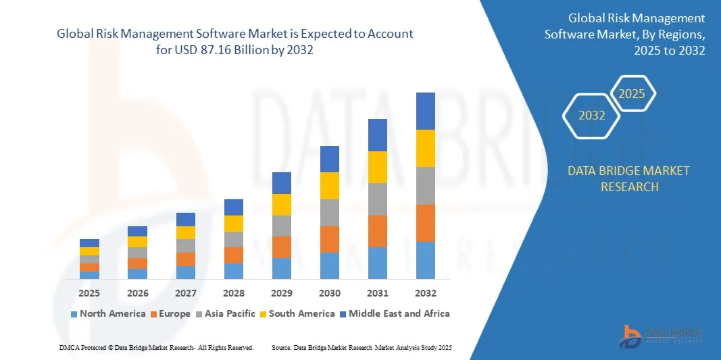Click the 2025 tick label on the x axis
[x=89, y=293]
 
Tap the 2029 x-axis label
[x=282, y=293]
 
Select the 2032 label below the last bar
[x=426, y=293]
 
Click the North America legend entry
[x=108, y=313]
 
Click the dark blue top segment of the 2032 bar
[x=426, y=111]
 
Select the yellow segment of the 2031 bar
[x=378, y=167]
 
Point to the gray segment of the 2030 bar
[x=330, y=212]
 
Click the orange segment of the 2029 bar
[x=282, y=247]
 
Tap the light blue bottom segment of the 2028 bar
[x=234, y=271]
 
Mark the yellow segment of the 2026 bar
[x=137, y=241]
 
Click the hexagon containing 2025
[x=632, y=94]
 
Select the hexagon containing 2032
[x=592, y=115]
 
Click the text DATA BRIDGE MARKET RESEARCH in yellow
[x=629, y=178]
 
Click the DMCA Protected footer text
[x=156, y=347]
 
